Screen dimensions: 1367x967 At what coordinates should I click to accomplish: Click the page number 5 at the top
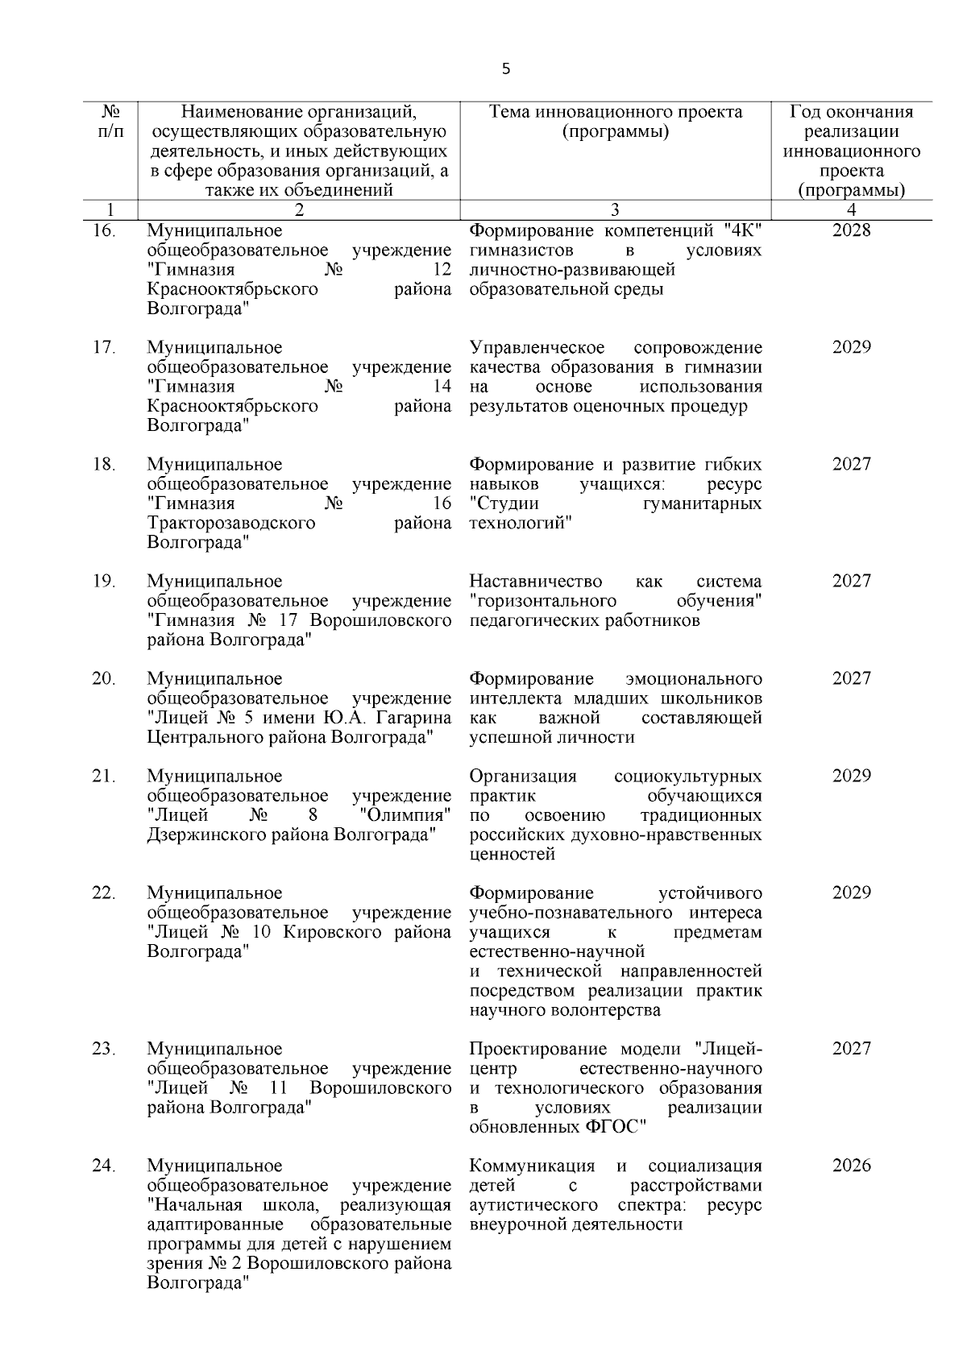pyautogui.click(x=506, y=69)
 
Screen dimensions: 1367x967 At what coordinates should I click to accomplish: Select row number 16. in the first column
pyautogui.click(x=104, y=231)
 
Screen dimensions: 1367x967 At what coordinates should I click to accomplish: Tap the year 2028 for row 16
pyautogui.click(x=852, y=231)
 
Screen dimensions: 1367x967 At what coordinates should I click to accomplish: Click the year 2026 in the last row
pyautogui.click(x=852, y=1166)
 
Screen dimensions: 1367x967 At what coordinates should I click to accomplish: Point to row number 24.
pyautogui.click(x=104, y=1166)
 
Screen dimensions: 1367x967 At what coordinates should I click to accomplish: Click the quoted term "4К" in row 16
pyautogui.click(x=743, y=231)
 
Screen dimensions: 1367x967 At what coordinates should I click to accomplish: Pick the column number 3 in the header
pyautogui.click(x=615, y=211)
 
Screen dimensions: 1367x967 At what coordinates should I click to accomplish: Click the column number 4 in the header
pyautogui.click(x=852, y=211)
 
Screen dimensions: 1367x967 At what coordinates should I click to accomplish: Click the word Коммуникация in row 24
pyautogui.click(x=532, y=1166)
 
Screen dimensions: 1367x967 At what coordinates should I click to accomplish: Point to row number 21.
pyautogui.click(x=104, y=777)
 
